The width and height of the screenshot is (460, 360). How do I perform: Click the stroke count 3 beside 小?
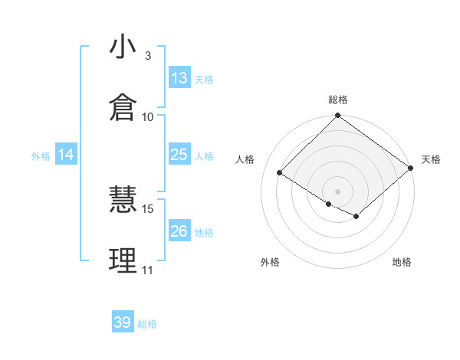click(x=147, y=55)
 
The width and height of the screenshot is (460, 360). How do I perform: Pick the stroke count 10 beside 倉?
click(x=148, y=116)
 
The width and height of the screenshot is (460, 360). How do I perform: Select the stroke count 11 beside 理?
click(x=147, y=270)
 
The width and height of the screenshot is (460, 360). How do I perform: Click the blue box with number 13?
click(x=179, y=78)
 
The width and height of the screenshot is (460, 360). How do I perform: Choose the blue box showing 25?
click(x=179, y=155)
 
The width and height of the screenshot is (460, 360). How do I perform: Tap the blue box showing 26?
click(x=179, y=231)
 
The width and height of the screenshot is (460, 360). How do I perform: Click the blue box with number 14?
click(x=66, y=155)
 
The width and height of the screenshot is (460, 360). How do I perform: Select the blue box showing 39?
click(x=123, y=322)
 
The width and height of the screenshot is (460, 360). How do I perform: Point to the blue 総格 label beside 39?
click(x=147, y=324)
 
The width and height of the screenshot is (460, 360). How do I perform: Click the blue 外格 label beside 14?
click(x=41, y=156)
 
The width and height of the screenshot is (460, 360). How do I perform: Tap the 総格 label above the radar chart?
click(x=338, y=100)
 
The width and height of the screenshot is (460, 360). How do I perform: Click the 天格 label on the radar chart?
click(x=431, y=159)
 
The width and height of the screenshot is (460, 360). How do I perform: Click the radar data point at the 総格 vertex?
click(x=338, y=116)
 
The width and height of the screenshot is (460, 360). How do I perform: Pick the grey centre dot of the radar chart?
click(x=338, y=191)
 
